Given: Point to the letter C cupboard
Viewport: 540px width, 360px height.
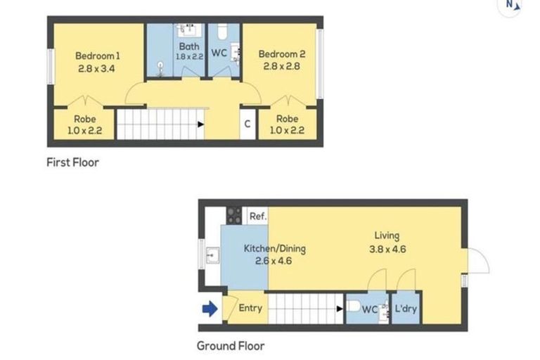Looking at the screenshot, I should pyautogui.click(x=247, y=124).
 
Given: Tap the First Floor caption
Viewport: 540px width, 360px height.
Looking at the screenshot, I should pyautogui.click(x=72, y=162).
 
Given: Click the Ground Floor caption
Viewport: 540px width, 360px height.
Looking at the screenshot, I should pyautogui.click(x=231, y=345).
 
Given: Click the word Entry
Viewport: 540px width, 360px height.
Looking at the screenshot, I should pyautogui.click(x=250, y=308).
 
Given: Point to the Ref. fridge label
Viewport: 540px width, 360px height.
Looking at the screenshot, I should pyautogui.click(x=258, y=217).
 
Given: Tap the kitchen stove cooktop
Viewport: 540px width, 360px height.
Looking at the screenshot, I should pyautogui.click(x=234, y=216).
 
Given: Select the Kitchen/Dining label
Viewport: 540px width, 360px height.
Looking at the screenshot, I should pyautogui.click(x=275, y=249).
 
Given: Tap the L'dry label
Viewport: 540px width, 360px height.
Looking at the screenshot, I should pyautogui.click(x=407, y=309).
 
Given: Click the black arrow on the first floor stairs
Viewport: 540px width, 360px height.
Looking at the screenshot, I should pyautogui.click(x=202, y=124).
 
